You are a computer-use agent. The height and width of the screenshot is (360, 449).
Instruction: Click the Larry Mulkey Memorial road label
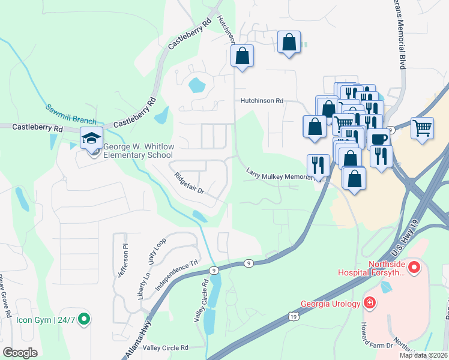tap(280, 174)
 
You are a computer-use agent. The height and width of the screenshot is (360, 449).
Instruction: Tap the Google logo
tap(20, 352)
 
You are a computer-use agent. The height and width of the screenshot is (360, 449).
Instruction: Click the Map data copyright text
tap(424, 355)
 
